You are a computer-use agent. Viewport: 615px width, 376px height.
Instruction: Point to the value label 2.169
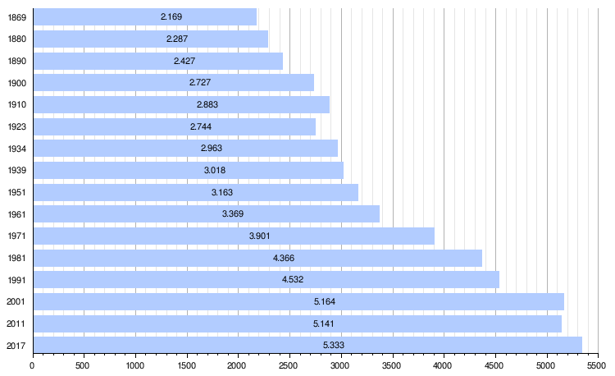[171, 17]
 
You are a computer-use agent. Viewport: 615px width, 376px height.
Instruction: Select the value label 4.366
[284, 258]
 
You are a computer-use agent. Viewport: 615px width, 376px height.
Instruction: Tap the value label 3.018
[215, 170]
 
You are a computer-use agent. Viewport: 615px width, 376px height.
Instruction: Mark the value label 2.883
[207, 104]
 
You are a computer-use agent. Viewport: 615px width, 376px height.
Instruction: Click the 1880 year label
[16, 39]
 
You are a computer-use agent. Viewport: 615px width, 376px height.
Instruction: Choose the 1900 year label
[16, 83]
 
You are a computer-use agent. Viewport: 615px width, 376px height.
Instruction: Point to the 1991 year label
[16, 279]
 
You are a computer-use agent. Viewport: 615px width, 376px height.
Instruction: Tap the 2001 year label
[16, 301]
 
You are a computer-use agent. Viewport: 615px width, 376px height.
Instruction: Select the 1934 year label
[16, 149]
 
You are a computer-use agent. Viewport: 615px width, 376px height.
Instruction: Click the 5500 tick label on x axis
[598, 367]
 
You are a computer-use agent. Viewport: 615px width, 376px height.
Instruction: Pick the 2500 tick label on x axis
[289, 367]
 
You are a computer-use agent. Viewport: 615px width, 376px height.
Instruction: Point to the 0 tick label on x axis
[32, 367]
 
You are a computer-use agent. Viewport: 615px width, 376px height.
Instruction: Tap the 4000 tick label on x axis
[444, 367]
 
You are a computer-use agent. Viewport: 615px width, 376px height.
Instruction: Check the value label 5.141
[324, 323]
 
